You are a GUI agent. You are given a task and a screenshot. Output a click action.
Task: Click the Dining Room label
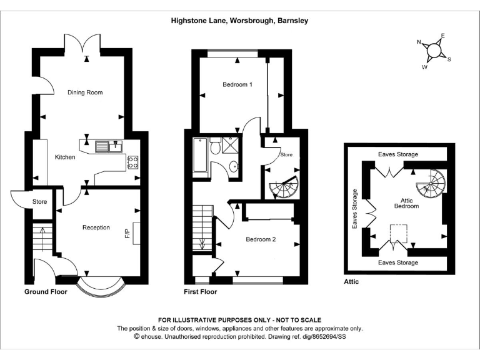(x=85, y=92)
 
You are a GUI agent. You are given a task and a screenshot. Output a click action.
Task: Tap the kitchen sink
(x=107, y=146)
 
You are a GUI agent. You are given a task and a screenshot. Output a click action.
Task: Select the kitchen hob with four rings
(x=132, y=162)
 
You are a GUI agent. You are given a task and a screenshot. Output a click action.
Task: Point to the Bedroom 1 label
(x=237, y=85)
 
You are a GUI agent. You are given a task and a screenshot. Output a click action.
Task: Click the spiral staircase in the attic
(x=430, y=182)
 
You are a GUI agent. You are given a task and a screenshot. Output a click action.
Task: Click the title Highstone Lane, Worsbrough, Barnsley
(x=239, y=21)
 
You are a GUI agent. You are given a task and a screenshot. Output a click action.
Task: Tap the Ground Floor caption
(x=45, y=292)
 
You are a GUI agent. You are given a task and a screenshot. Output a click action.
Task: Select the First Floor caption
(x=201, y=292)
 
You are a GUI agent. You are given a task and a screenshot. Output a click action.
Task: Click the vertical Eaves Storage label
(x=354, y=209)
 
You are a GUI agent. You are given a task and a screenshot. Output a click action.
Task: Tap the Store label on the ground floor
(x=39, y=201)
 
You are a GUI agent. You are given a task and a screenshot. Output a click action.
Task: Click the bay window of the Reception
(x=101, y=286)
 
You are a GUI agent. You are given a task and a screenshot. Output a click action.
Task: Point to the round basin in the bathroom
(x=233, y=166)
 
